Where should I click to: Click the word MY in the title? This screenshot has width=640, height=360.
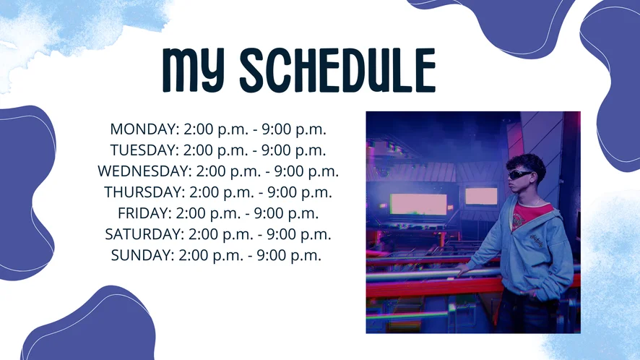[194, 70]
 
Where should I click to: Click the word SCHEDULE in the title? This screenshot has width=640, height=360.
[338, 70]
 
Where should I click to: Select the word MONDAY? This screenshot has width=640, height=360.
[144, 129]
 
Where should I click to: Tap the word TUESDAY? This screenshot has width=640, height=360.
[144, 150]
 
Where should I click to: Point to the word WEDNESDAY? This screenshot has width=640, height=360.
[144, 171]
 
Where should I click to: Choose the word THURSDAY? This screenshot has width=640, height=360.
[144, 192]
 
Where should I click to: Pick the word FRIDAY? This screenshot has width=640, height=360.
[144, 213]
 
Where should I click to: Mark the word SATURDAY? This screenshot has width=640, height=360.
[144, 234]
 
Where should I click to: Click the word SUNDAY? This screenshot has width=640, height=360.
[142, 255]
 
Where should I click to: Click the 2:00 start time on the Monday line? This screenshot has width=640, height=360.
[199, 129]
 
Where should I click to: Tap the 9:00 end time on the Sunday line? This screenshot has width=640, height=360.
[271, 255]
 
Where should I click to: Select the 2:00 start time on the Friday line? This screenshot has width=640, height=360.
[191, 213]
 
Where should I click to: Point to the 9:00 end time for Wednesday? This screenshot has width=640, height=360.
[288, 171]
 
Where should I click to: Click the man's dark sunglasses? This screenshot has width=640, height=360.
[519, 174]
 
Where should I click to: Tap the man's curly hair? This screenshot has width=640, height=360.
[527, 164]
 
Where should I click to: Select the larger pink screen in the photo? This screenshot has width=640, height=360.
[418, 204]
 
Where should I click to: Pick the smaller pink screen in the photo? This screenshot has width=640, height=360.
[481, 196]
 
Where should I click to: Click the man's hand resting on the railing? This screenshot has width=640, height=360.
[463, 269]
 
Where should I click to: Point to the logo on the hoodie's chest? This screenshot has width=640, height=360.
[536, 241]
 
